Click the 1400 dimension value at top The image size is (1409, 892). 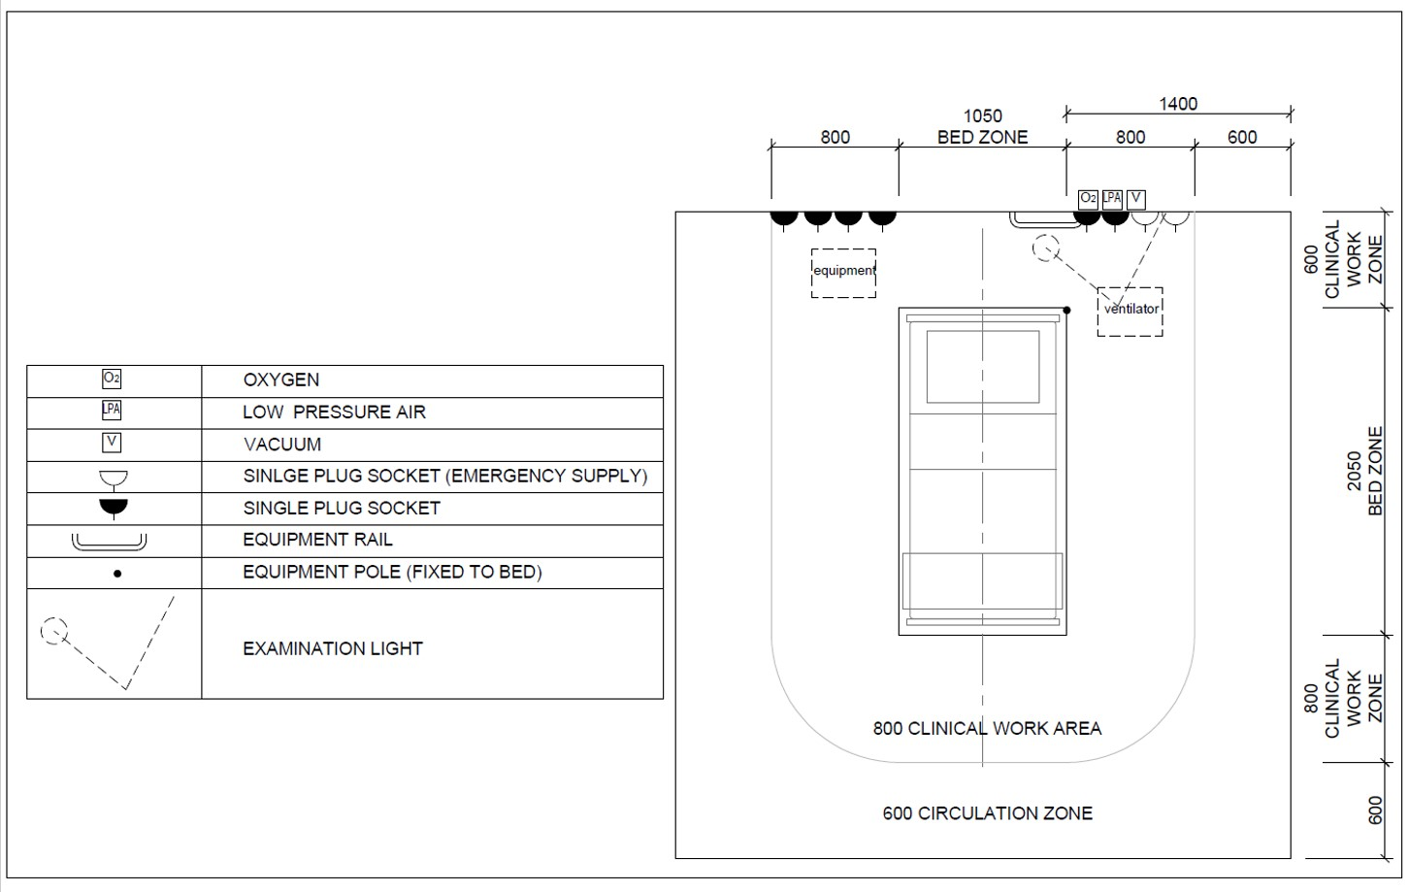click(1178, 104)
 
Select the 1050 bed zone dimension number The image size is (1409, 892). click(982, 116)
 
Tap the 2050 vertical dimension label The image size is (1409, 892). click(1355, 471)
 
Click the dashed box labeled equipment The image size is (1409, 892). click(843, 272)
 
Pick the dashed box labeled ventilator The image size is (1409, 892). click(1130, 311)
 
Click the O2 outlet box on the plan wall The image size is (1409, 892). click(1088, 199)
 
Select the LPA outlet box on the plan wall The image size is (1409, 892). click(1112, 199)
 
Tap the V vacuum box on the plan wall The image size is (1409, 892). click(1135, 199)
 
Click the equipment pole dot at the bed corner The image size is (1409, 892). click(1066, 311)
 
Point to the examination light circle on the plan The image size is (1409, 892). click(1044, 248)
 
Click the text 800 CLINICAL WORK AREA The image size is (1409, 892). click(987, 728)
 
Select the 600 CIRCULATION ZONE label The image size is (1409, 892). click(987, 813)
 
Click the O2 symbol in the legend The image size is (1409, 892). click(112, 380)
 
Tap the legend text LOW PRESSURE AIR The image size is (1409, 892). click(334, 413)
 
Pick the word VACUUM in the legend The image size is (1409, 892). click(281, 445)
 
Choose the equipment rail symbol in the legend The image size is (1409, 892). click(109, 541)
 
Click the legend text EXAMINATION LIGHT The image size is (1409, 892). click(333, 648)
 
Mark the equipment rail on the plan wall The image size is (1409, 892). click(1039, 219)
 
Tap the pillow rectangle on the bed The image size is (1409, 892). click(982, 366)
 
